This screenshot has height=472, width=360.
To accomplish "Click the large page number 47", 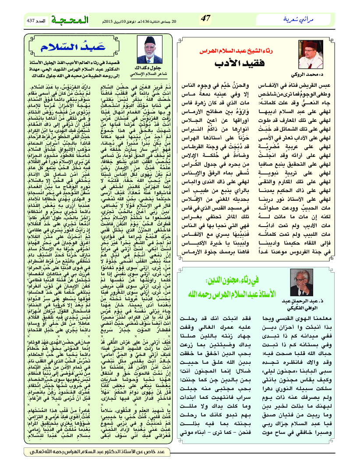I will click(206, 18).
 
